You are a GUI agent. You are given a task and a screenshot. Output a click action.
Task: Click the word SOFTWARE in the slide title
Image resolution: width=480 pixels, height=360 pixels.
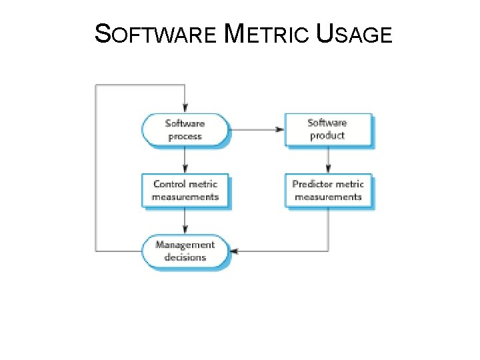(x=156, y=33)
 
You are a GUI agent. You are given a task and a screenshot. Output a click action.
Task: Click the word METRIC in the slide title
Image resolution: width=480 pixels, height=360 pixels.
(x=269, y=33)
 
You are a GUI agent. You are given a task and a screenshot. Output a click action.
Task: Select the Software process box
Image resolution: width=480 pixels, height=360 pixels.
(x=185, y=130)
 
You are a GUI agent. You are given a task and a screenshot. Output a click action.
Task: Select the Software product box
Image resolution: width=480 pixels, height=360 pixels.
(x=327, y=129)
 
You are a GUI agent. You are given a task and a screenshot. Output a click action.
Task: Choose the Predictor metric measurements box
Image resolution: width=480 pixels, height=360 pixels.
(x=328, y=191)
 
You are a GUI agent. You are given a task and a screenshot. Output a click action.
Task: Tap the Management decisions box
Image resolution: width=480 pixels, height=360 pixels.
(x=185, y=251)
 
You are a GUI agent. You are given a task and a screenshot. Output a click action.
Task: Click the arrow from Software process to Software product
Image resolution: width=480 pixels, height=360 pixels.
(x=257, y=129)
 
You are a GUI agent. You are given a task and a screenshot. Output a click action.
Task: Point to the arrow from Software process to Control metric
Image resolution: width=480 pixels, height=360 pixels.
(x=185, y=161)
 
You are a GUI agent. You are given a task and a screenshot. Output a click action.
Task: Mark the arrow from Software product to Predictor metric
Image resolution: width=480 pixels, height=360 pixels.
(x=328, y=161)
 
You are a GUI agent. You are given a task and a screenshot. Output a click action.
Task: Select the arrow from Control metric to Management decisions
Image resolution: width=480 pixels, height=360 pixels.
(x=185, y=221)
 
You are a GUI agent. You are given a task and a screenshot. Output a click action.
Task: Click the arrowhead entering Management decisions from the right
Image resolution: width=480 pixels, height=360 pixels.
(x=234, y=251)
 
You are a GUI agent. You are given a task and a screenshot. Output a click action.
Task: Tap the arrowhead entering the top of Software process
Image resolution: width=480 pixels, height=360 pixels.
(x=185, y=109)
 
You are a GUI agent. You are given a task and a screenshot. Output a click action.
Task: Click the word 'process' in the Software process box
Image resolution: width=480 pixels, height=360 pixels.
(x=185, y=137)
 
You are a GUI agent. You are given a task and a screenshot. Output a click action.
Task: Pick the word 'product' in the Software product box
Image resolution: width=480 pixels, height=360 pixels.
(x=327, y=135)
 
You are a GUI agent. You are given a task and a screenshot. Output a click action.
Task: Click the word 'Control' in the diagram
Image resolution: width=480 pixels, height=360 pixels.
(x=169, y=184)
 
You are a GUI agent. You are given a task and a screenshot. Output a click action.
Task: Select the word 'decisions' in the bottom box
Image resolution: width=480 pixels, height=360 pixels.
(x=185, y=258)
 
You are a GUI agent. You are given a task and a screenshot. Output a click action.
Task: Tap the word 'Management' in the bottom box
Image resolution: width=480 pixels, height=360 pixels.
(x=185, y=245)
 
